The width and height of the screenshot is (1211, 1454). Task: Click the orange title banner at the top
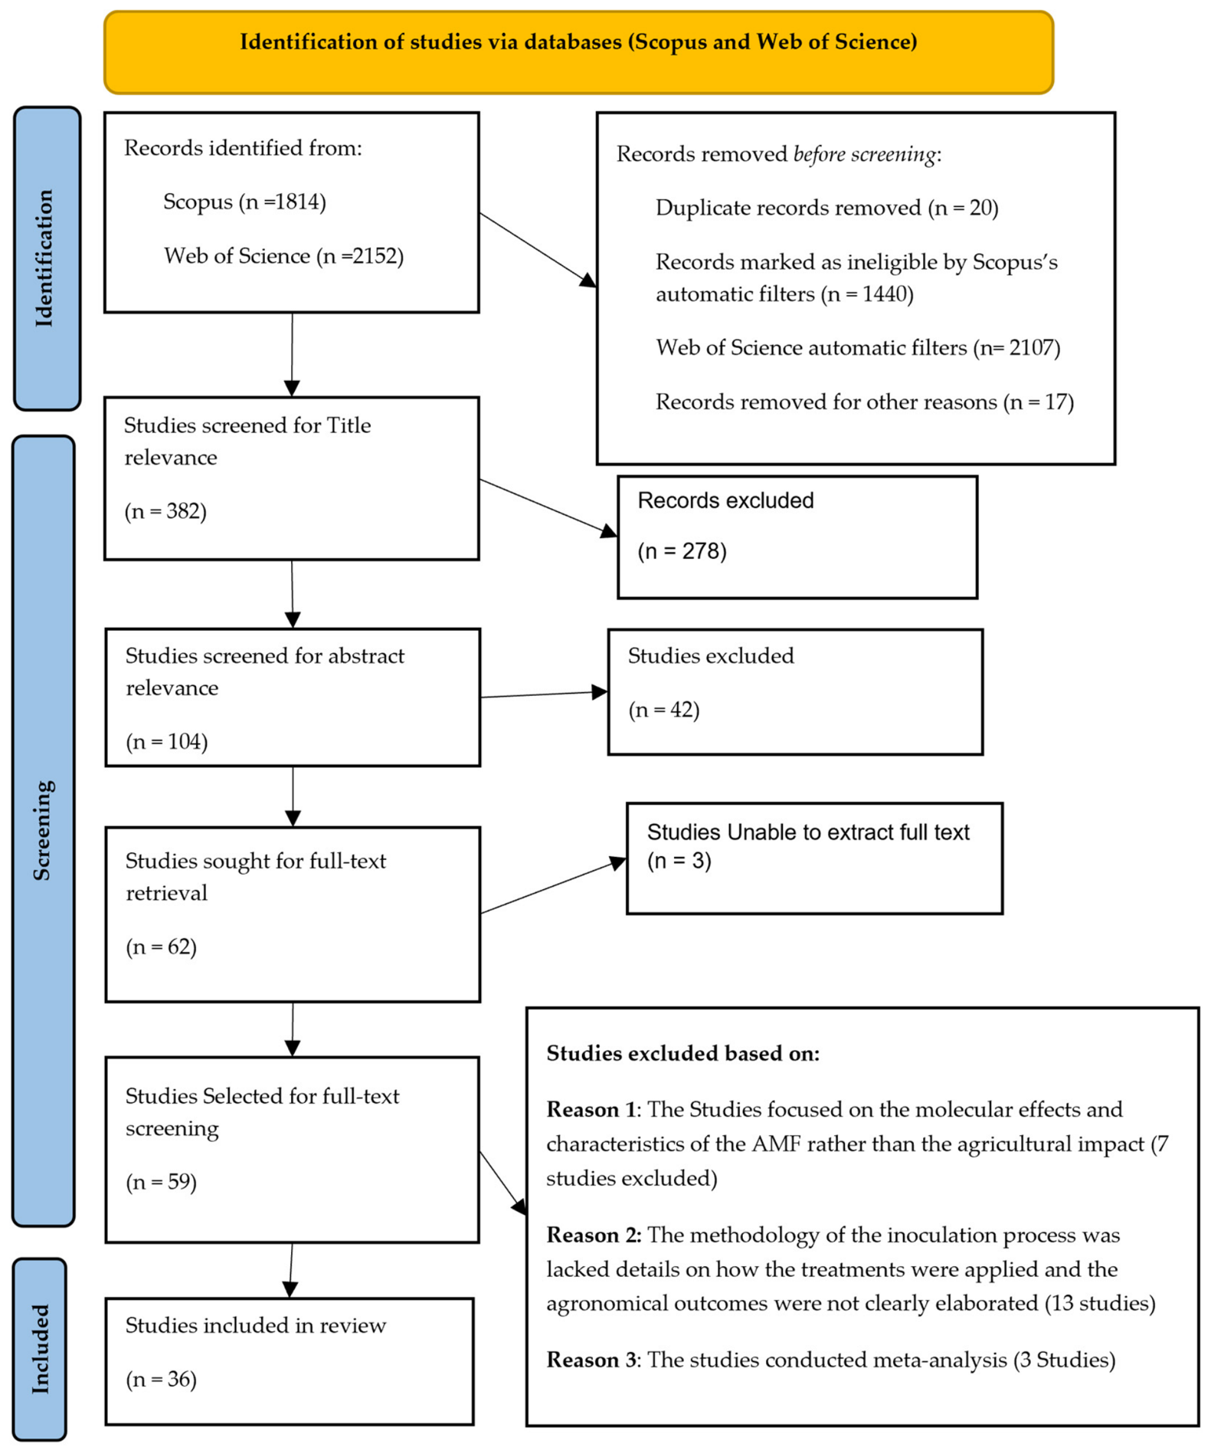pos(578,52)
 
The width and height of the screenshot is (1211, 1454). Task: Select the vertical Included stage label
pos(40,1349)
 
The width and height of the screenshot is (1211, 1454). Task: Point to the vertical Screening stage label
pos(43,830)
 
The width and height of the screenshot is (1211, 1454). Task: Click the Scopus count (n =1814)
pos(283,202)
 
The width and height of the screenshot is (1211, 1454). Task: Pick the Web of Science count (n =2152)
pos(360,255)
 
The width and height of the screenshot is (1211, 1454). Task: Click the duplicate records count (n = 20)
pos(963,208)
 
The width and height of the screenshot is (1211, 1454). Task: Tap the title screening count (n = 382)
pos(165,510)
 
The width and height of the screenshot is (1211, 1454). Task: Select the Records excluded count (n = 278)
pos(682,551)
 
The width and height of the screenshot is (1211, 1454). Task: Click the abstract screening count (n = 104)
pos(166,741)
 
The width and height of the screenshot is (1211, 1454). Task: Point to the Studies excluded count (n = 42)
pos(663,710)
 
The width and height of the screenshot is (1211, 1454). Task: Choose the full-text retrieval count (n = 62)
pos(161,947)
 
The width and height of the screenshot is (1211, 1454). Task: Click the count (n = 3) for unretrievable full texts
pos(679,861)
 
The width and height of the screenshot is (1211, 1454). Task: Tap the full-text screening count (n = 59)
pos(161,1181)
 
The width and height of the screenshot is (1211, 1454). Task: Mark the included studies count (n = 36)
pos(161,1379)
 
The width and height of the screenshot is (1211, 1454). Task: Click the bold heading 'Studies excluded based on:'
pos(682,1053)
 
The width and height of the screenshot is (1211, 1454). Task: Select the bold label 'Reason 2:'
pos(594,1235)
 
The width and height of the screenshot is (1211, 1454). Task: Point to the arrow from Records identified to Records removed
pos(538,250)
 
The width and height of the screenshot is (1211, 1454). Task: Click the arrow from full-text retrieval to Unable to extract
pos(553,885)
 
